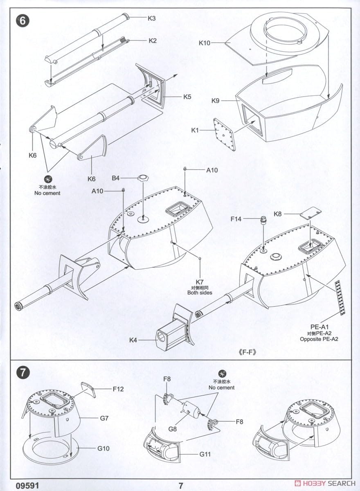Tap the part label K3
[152, 18]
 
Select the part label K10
[205, 42]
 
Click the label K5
[187, 97]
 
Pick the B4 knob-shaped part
[143, 179]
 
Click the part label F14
[236, 219]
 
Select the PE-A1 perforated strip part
[340, 297]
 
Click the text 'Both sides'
[200, 293]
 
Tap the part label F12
[118, 389]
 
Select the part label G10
[104, 448]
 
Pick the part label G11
[206, 455]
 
